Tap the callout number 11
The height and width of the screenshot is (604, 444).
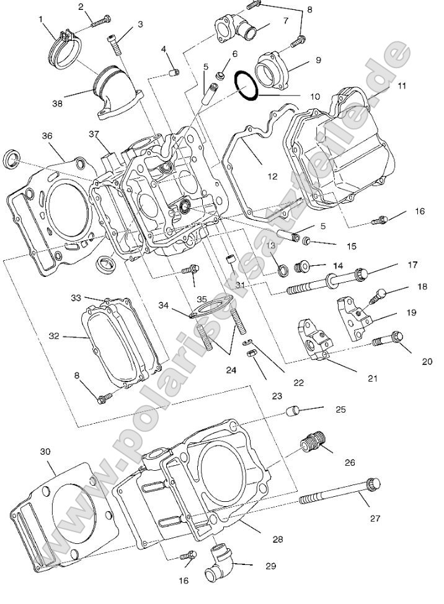click(x=402, y=85)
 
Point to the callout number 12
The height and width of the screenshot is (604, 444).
click(x=272, y=176)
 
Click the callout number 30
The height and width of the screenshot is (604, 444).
click(x=45, y=452)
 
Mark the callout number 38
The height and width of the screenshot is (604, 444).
click(x=57, y=104)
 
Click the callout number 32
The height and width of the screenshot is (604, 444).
click(x=54, y=336)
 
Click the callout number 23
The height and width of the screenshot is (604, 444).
click(x=277, y=396)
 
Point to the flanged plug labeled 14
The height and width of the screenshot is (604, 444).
click(x=304, y=267)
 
